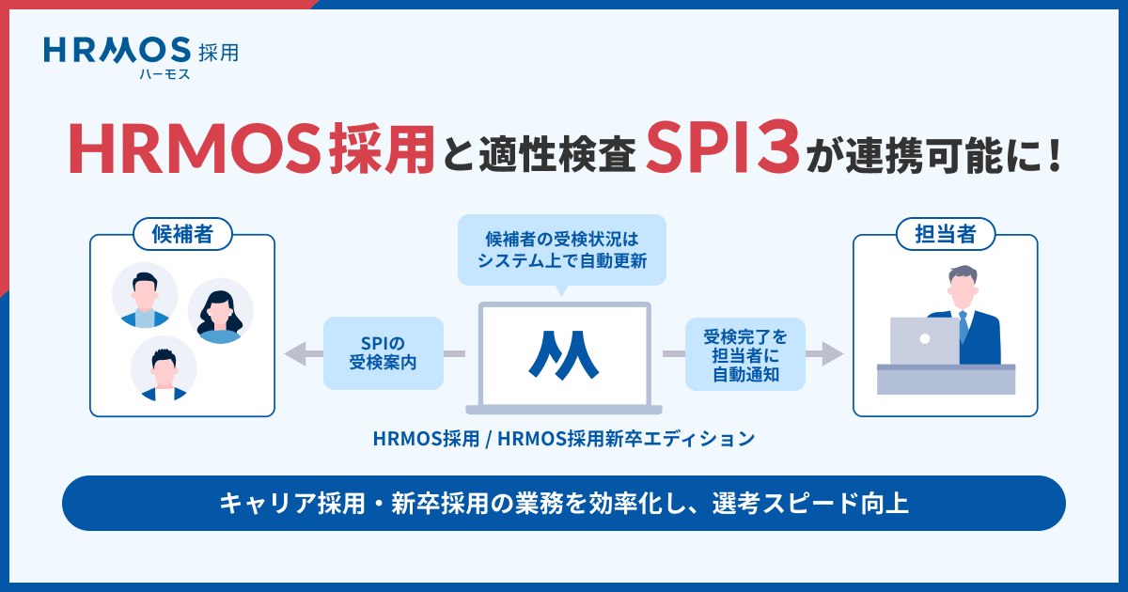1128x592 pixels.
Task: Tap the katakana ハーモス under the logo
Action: click(x=164, y=74)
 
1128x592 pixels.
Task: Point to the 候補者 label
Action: click(x=182, y=235)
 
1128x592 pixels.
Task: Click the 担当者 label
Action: click(x=945, y=235)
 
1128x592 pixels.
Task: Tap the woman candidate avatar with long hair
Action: click(x=221, y=311)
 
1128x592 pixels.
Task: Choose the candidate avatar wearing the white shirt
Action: click(x=164, y=368)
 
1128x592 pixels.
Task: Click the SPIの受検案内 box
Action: click(x=383, y=353)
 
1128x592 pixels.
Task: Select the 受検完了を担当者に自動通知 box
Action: click(x=745, y=353)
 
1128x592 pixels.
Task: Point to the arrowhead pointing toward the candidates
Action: click(x=294, y=353)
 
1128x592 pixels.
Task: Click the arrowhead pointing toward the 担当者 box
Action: click(x=833, y=353)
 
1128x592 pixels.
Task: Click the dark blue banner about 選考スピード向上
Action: click(x=563, y=503)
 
